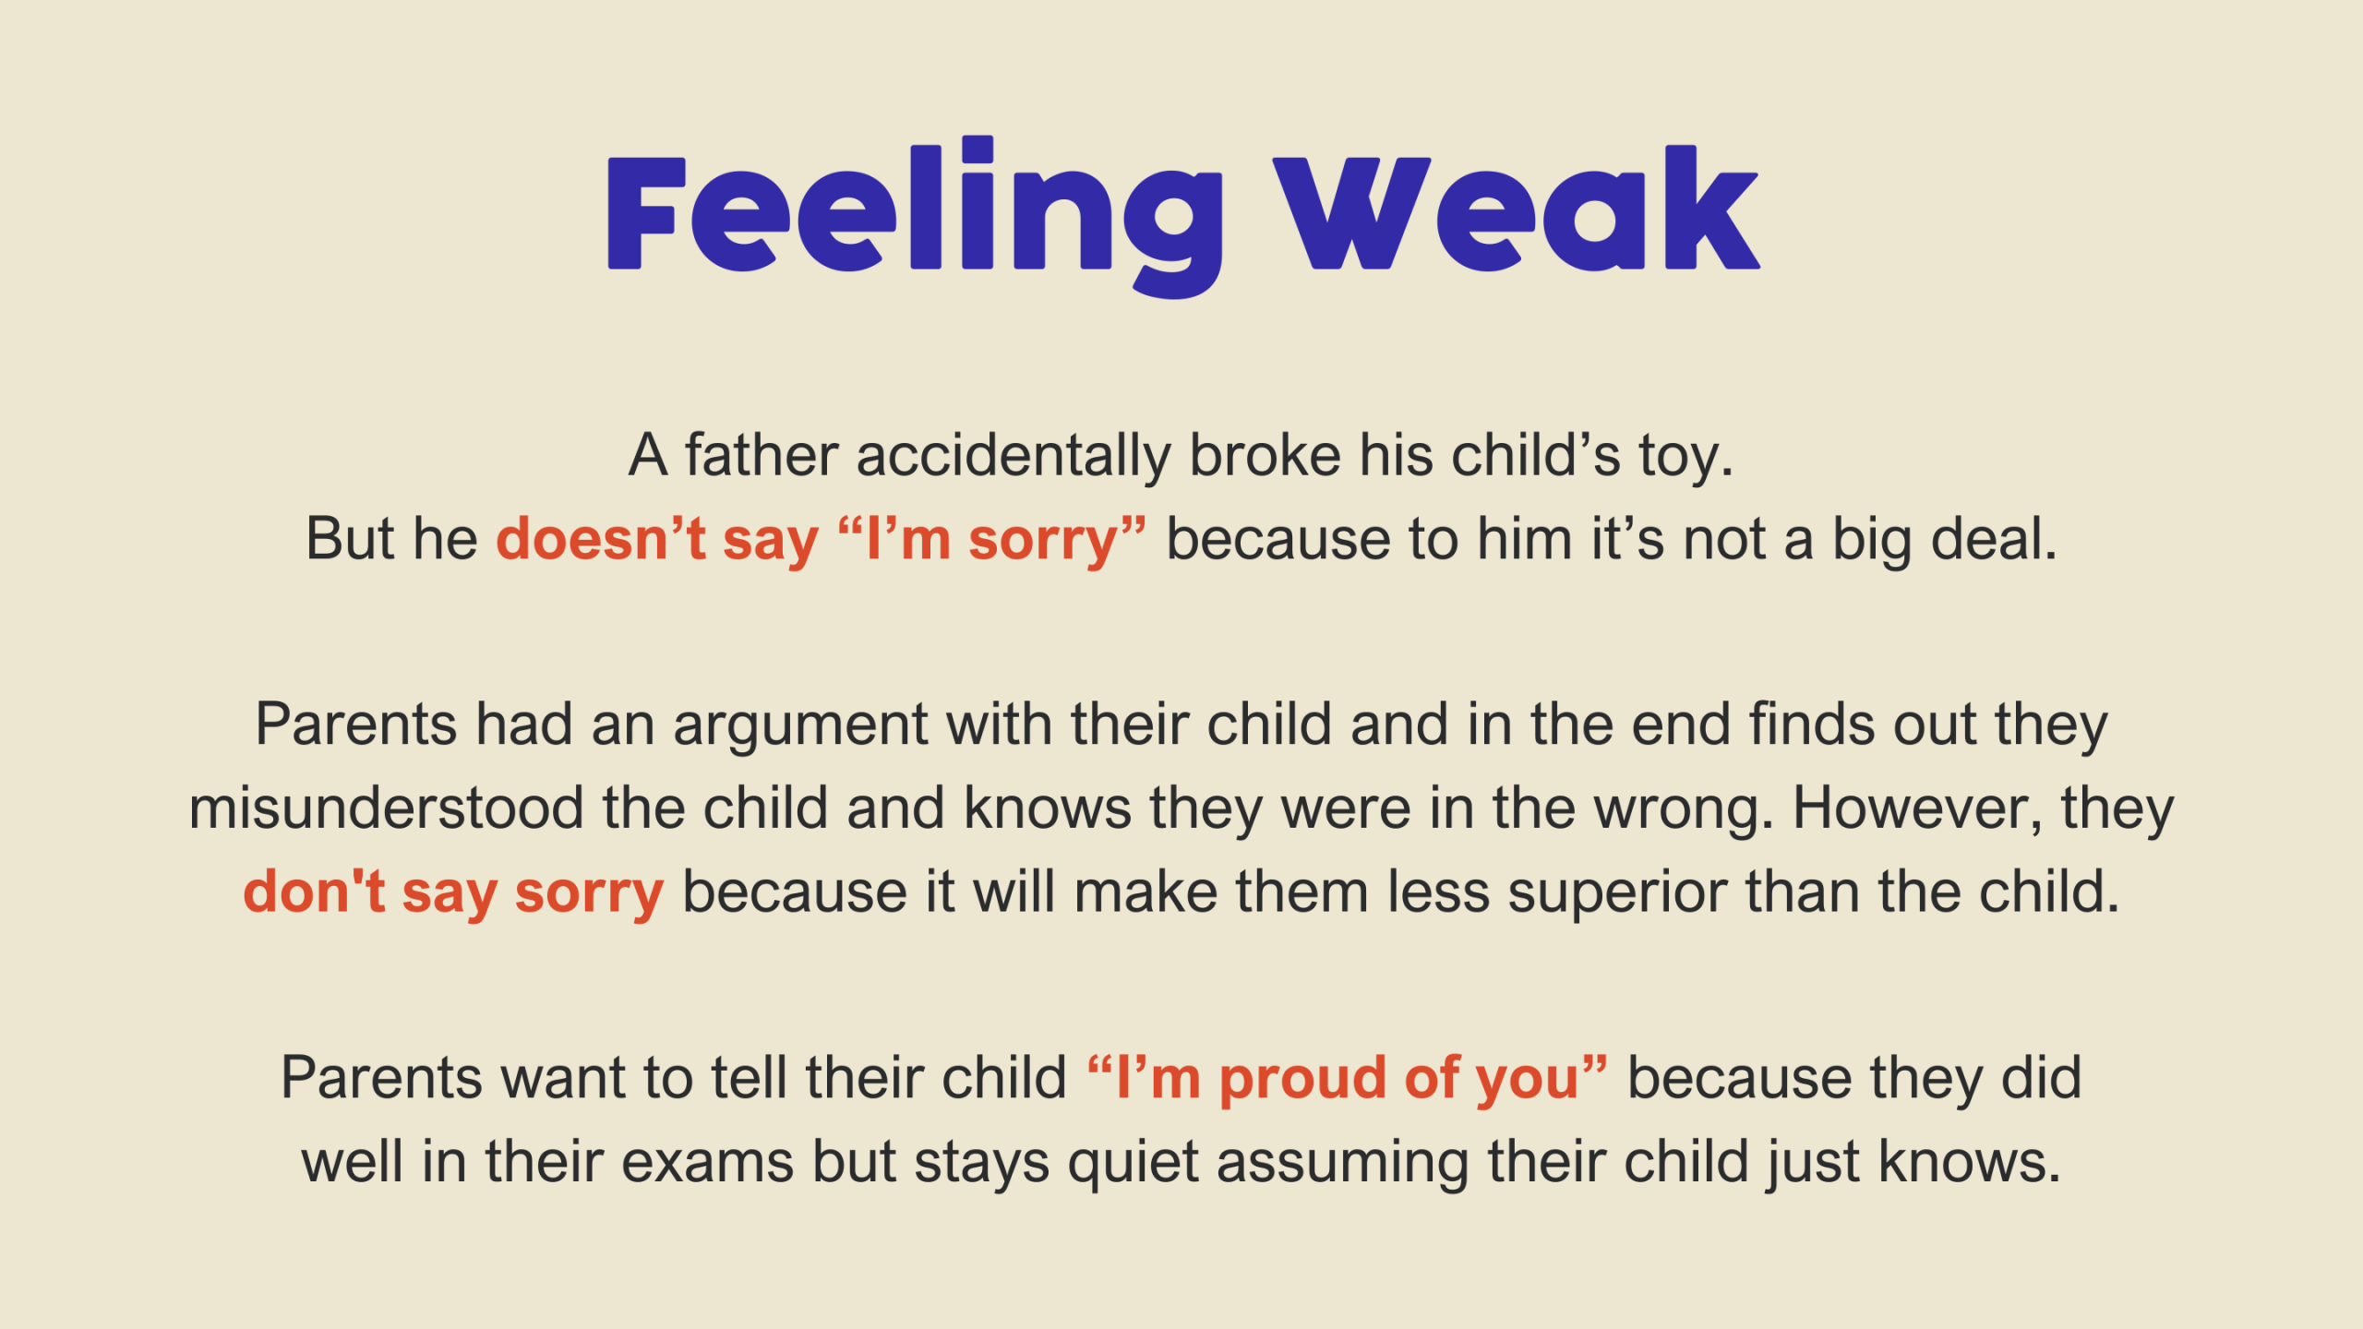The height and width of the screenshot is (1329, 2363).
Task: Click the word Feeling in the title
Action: point(915,217)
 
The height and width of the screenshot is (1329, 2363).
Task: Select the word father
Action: point(762,455)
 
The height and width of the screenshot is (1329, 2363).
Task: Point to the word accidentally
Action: point(1014,457)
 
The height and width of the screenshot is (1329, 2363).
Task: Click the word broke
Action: point(1265,455)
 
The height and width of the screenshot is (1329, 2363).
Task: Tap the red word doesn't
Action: point(601,539)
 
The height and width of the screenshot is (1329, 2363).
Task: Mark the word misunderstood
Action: point(386,808)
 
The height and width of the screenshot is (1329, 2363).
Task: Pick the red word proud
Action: point(1302,1080)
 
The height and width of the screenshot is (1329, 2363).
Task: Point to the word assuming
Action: point(1343,1165)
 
